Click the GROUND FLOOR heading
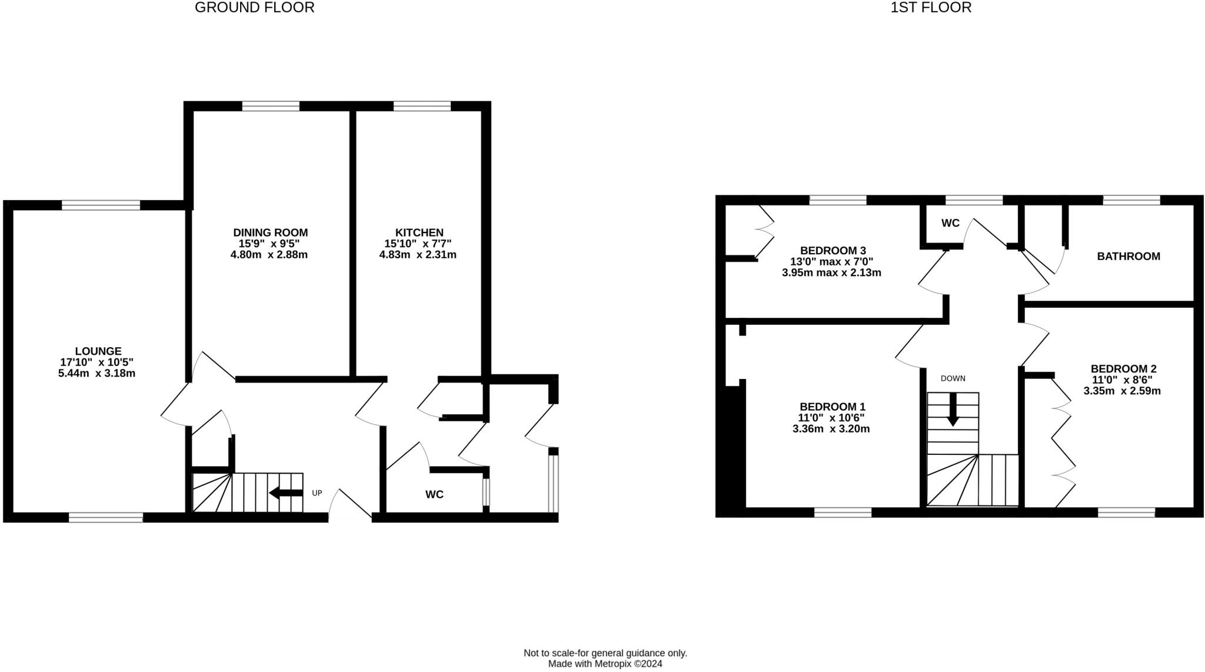pyautogui.click(x=254, y=8)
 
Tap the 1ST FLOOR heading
pyautogui.click(x=931, y=8)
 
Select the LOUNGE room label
pyautogui.click(x=98, y=351)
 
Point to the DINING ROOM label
pyautogui.click(x=270, y=232)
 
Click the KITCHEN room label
pyautogui.click(x=419, y=232)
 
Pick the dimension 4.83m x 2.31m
pyautogui.click(x=418, y=255)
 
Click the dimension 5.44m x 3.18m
pyautogui.click(x=96, y=373)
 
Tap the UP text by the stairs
pyautogui.click(x=317, y=493)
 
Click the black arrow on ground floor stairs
pyautogui.click(x=285, y=493)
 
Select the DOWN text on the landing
pyautogui.click(x=953, y=378)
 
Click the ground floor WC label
pyautogui.click(x=434, y=494)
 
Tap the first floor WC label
pyautogui.click(x=950, y=223)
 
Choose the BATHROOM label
pyautogui.click(x=1128, y=256)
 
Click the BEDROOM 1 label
pyautogui.click(x=832, y=407)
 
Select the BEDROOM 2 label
pyautogui.click(x=1123, y=369)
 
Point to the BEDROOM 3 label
pyautogui.click(x=833, y=251)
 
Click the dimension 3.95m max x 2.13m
pyautogui.click(x=831, y=272)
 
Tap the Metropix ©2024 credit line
pyautogui.click(x=605, y=664)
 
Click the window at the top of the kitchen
pyautogui.click(x=422, y=107)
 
